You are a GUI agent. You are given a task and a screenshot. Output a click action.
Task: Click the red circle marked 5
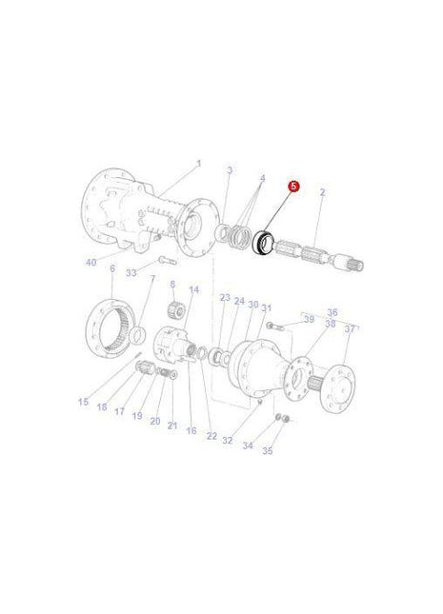(x=293, y=188)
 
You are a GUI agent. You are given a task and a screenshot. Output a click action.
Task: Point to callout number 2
(x=322, y=192)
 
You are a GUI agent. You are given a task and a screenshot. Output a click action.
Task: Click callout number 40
(x=91, y=262)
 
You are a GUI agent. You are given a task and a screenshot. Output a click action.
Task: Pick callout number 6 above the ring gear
(x=111, y=269)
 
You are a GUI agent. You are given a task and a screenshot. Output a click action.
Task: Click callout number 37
(x=349, y=329)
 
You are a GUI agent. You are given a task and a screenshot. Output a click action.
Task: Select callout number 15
(x=83, y=402)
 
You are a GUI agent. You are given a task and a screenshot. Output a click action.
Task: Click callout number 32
(x=227, y=440)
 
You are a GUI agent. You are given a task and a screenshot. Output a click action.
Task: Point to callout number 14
(x=193, y=289)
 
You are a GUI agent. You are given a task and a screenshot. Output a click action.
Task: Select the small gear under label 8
(x=174, y=310)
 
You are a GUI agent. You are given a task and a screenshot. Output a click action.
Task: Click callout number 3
(x=229, y=170)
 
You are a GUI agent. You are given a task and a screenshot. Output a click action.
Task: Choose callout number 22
(x=211, y=435)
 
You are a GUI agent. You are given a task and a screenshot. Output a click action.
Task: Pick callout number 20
(x=154, y=420)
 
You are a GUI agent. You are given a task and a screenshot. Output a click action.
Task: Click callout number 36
(x=332, y=312)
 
